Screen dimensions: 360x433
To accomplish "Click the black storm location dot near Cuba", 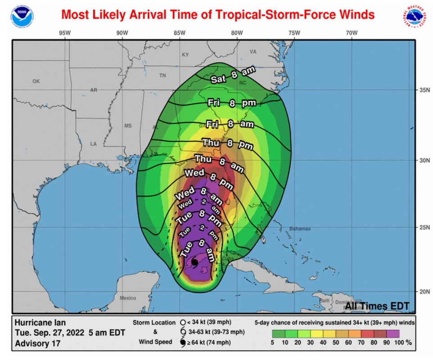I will pos(194,262).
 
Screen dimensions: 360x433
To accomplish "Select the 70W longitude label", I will pos(352,33).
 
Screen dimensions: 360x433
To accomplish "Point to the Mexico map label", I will pos(128,298).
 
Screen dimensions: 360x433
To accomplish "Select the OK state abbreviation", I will pos(36,81).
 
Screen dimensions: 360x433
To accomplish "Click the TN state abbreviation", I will pos(162,76).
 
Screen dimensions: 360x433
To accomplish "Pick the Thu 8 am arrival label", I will pos(219,163).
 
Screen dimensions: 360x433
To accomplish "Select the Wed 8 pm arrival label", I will pos(208,177).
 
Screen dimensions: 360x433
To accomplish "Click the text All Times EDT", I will pos(377,306).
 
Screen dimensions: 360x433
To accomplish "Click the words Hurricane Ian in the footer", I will pos(41,323).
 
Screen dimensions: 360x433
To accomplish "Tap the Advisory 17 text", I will pos(38,344).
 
